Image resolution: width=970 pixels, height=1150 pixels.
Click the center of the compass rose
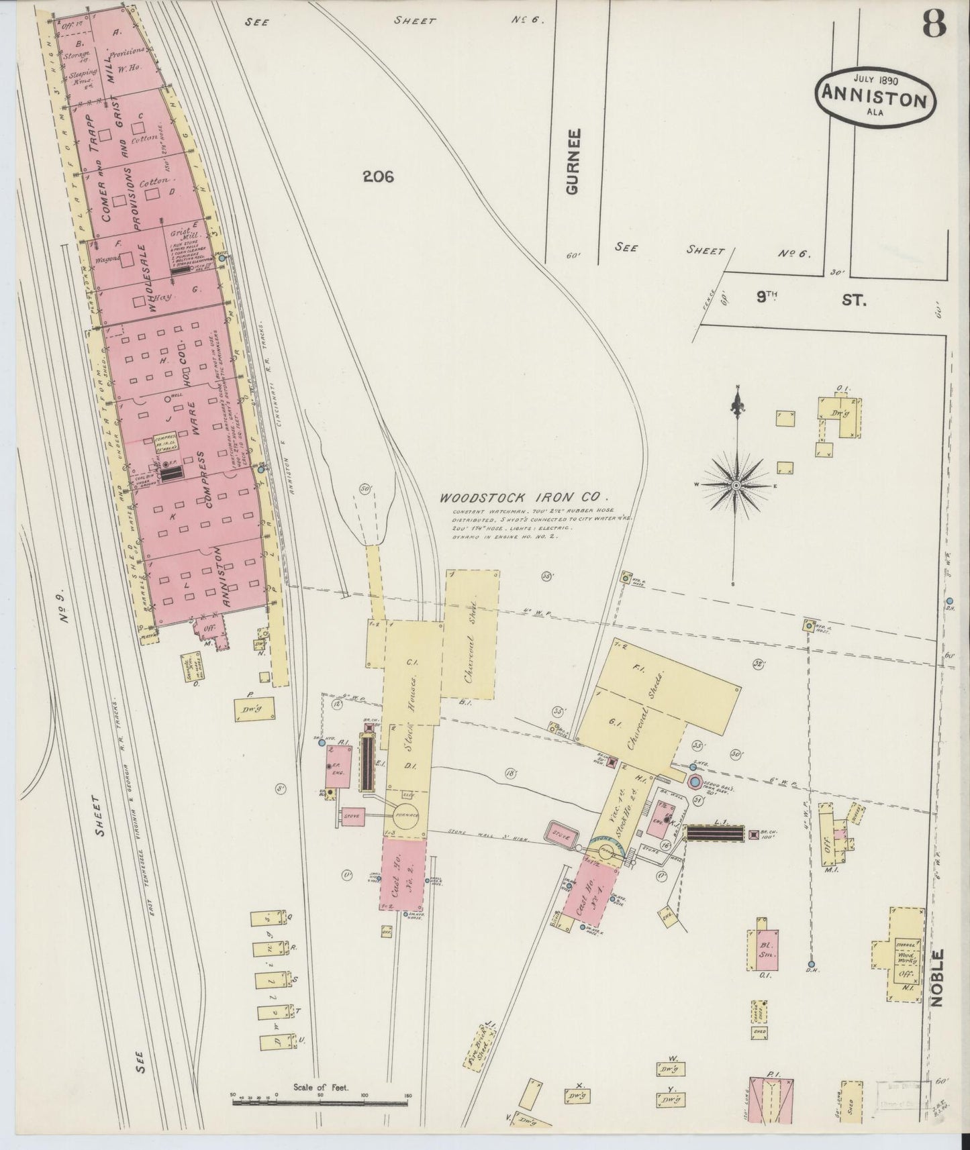click(736, 484)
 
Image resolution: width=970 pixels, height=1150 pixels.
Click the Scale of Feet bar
click(321, 1102)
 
